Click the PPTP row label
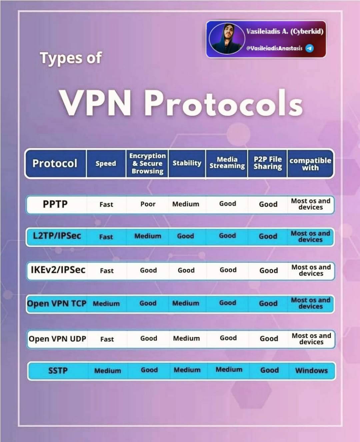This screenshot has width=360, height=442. pyautogui.click(x=55, y=204)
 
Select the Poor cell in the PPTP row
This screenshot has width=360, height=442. pyautogui.click(x=148, y=204)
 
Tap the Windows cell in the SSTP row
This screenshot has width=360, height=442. pyautogui.click(x=311, y=370)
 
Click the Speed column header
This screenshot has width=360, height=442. pyautogui.click(x=106, y=164)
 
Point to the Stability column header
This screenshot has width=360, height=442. pyautogui.click(x=187, y=163)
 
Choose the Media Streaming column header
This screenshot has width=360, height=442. pyautogui.click(x=227, y=163)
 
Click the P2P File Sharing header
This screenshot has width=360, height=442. pyautogui.click(x=268, y=163)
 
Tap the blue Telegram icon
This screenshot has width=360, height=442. pyautogui.click(x=309, y=48)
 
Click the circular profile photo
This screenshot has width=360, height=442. pyautogui.click(x=227, y=39)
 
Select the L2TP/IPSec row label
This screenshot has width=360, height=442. pyautogui.click(x=57, y=236)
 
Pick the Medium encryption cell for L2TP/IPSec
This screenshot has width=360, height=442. pyautogui.click(x=148, y=236)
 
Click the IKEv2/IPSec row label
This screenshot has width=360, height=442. pyautogui.click(x=58, y=270)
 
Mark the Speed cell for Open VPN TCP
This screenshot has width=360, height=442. pyautogui.click(x=106, y=304)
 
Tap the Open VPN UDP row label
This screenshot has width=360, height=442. pyautogui.click(x=57, y=339)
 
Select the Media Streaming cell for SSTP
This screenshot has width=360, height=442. pyautogui.click(x=229, y=369)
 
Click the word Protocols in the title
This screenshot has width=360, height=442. pyautogui.click(x=223, y=103)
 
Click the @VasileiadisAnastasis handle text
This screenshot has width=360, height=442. pyautogui.click(x=274, y=48)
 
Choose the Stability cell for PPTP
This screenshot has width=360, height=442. pyautogui.click(x=186, y=204)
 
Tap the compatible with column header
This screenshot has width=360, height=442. pyautogui.click(x=310, y=164)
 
